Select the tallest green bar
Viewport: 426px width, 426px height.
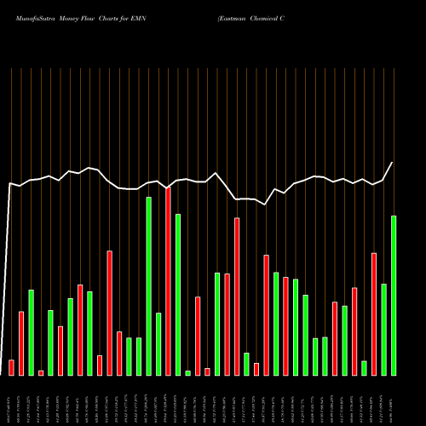click(149, 285)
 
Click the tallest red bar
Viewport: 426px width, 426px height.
click(169, 281)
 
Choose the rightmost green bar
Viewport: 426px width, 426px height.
click(394, 295)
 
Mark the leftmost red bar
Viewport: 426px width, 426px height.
click(11, 367)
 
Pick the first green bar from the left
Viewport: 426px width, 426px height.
click(31, 332)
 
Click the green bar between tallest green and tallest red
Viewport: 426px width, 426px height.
click(158, 343)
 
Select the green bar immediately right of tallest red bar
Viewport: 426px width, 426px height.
click(178, 294)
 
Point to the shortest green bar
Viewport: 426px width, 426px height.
click(187, 372)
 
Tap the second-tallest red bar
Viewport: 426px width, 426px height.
click(237, 296)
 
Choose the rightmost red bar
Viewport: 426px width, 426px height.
click(374, 314)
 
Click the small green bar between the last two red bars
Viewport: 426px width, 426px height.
click(364, 367)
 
